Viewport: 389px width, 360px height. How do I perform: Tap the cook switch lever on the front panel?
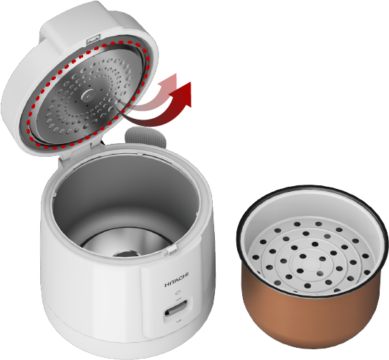[x=176, y=309]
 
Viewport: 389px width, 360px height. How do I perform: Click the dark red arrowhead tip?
[x=190, y=82]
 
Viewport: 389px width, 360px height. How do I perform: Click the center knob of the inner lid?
[x=88, y=95]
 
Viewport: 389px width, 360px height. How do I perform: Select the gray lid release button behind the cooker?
[x=145, y=137]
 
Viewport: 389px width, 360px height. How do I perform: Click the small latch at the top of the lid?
[x=94, y=40]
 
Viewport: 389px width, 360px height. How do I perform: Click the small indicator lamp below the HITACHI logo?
[x=178, y=293]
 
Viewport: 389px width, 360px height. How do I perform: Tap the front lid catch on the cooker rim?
[x=172, y=250]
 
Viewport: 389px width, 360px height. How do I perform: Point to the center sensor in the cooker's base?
[x=126, y=253]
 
